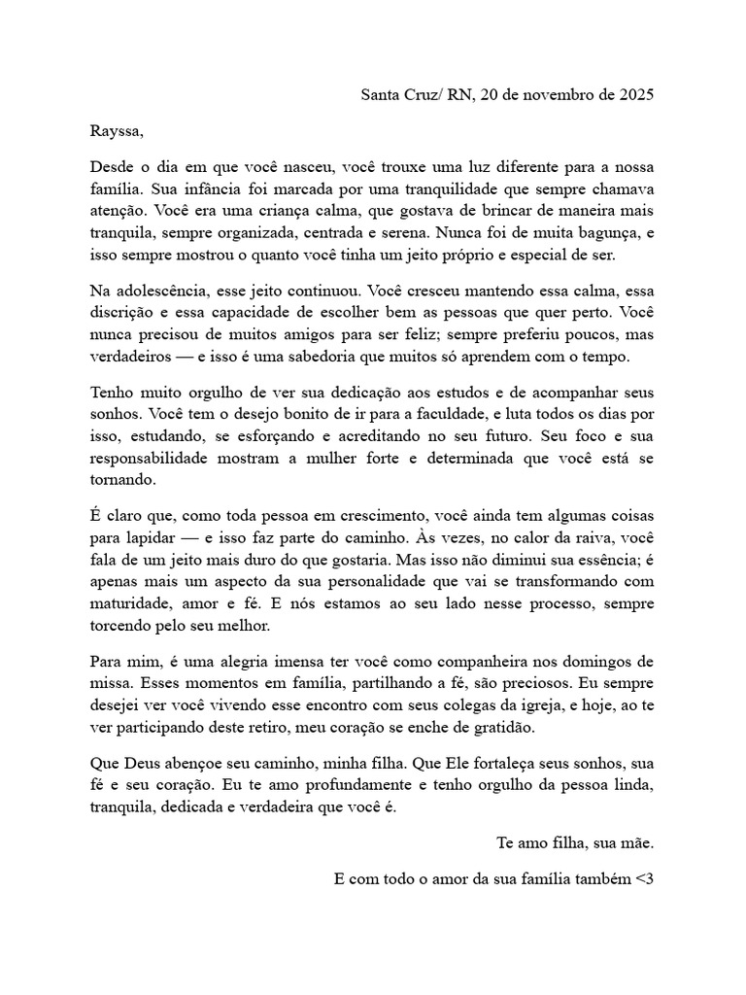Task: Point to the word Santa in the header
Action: [381, 94]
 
